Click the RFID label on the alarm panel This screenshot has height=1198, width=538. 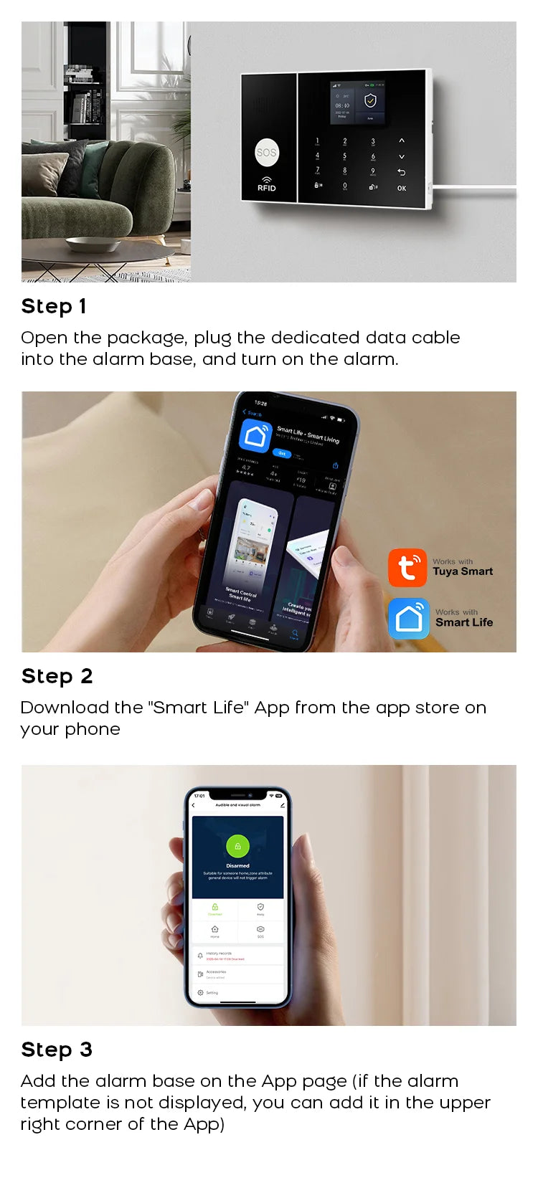pos(266,188)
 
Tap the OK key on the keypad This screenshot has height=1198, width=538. pos(402,188)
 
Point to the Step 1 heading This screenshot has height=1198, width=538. pos(54,306)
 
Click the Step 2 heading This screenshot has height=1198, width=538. pos(57,676)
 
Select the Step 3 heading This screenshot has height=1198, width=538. pos(57,1050)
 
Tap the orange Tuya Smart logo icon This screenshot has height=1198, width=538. pos(407,568)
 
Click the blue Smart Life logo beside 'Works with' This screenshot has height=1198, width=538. pos(409,618)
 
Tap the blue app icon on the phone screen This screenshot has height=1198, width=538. pos(255,436)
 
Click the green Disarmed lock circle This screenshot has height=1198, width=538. pos(237,846)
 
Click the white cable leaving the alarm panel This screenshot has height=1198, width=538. pos(473,190)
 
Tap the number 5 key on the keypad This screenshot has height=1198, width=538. pos(344,156)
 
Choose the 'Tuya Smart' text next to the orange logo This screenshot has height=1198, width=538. pos(463,571)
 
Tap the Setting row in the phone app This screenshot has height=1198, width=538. pos(212,993)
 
